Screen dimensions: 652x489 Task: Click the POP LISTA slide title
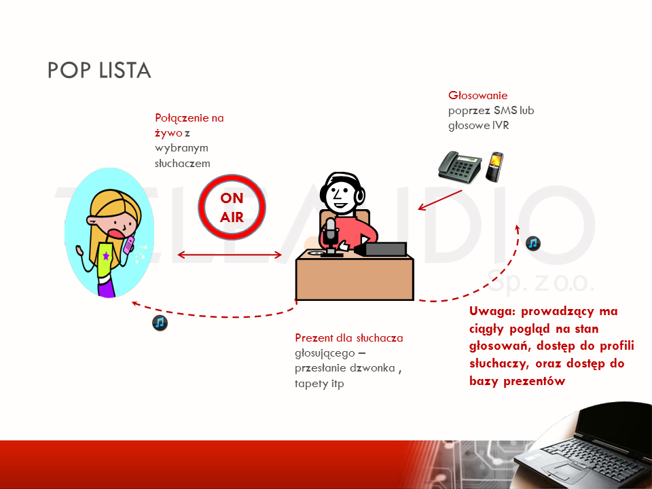tap(99, 70)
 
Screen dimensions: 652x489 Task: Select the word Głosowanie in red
tap(477, 96)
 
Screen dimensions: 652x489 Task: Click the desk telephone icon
tap(460, 166)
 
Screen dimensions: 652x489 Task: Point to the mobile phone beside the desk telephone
tap(495, 167)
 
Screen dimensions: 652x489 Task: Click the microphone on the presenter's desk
tap(331, 236)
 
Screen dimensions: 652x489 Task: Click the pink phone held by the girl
tap(129, 245)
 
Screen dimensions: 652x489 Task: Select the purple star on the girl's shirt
tap(106, 255)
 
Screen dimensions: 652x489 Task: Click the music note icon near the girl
tap(160, 323)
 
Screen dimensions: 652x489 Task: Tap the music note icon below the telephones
tap(533, 243)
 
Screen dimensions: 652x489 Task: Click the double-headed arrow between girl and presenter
tap(230, 255)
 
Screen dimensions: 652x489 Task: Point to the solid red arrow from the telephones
tap(440, 200)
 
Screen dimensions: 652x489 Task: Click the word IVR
tap(501, 126)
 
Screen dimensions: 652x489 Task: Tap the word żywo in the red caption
tap(168, 134)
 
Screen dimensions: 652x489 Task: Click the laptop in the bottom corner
tap(583, 447)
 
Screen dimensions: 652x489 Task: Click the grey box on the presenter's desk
tap(385, 249)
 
